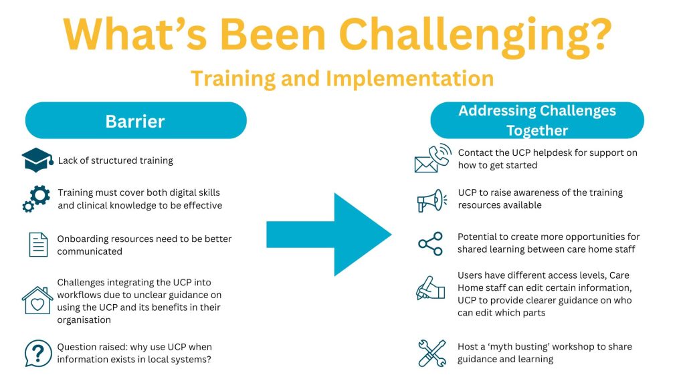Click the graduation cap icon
37,160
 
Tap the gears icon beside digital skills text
36,199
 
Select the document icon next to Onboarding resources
38,245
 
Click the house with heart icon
37,300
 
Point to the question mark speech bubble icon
38,353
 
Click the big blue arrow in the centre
329,235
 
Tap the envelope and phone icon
433,158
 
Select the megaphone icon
431,201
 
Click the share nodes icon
430,243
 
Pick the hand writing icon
430,288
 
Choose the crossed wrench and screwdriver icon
432,353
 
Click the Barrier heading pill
136,120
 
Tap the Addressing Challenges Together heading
537,120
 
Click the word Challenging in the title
475,35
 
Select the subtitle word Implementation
410,79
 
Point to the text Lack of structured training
115,160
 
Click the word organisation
84,320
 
